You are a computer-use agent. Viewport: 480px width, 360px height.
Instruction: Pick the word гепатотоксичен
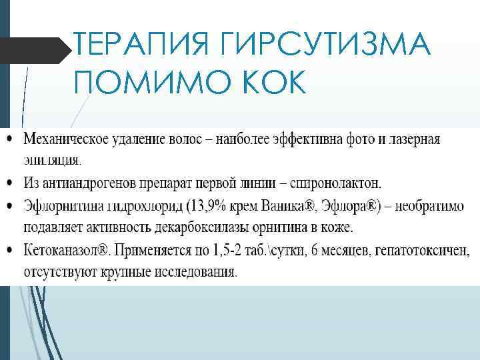click(422, 251)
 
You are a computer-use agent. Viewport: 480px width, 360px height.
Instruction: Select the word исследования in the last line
click(197, 273)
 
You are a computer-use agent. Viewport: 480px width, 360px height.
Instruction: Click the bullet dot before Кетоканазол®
click(9, 251)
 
